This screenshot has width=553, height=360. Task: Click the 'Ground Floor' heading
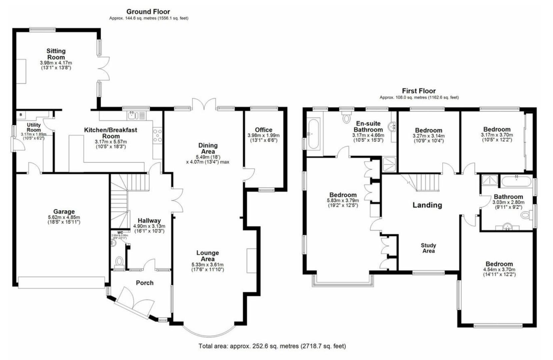click(x=149, y=12)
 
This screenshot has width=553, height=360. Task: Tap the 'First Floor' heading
click(x=419, y=91)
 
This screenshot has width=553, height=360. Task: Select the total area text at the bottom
click(x=272, y=346)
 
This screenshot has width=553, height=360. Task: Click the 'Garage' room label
click(x=64, y=212)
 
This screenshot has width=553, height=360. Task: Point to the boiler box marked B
click(x=21, y=115)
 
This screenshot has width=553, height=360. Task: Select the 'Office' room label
click(x=263, y=130)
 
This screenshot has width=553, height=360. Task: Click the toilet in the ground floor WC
click(x=119, y=260)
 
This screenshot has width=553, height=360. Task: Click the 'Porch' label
click(x=145, y=283)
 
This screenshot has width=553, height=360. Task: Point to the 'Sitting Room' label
click(x=56, y=54)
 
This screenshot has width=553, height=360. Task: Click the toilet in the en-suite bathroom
click(x=347, y=117)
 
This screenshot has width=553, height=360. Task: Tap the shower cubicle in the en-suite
click(x=389, y=164)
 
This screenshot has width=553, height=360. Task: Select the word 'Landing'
click(x=427, y=205)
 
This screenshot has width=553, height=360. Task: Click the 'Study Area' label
click(x=428, y=248)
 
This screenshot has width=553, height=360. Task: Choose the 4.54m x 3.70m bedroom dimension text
click(x=499, y=270)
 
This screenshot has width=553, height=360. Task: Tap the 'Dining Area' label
click(x=208, y=148)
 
